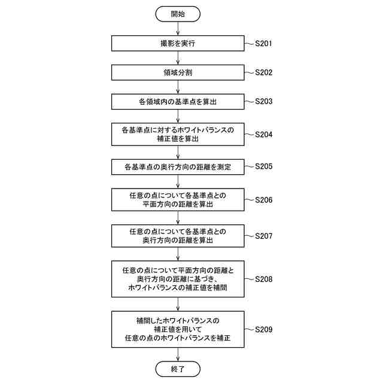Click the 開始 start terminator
(x=178, y=14)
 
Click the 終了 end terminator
(x=178, y=369)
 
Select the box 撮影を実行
(x=178, y=44)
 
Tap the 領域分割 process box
(x=178, y=72)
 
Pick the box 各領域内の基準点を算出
(x=178, y=102)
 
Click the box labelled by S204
(x=178, y=134)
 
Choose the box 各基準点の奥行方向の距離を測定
(x=178, y=166)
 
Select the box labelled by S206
(x=178, y=200)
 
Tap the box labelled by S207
(x=178, y=236)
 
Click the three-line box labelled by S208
(x=178, y=279)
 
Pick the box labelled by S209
(x=178, y=329)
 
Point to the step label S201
(x=264, y=44)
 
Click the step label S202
(x=264, y=72)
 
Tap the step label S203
(x=264, y=102)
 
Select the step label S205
(x=264, y=166)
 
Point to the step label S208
(x=264, y=279)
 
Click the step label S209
(x=264, y=329)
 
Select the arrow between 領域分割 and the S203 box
(x=178, y=87)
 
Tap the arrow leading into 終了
(x=178, y=354)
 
